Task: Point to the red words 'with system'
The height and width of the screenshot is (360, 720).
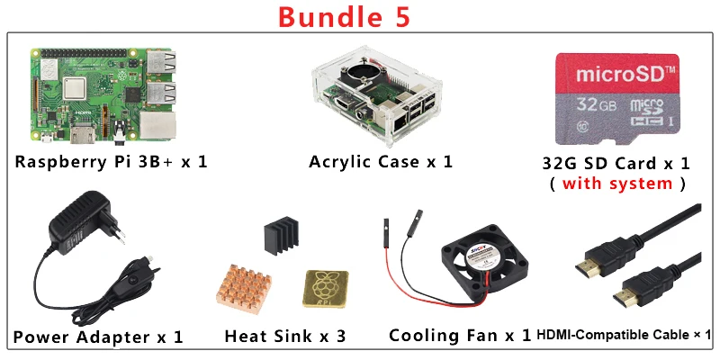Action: point(617,184)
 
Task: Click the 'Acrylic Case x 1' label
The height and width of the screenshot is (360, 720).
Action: point(380,162)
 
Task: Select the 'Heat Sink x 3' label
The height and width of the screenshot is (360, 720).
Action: point(284,337)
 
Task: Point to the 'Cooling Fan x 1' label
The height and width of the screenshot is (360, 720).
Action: point(459,336)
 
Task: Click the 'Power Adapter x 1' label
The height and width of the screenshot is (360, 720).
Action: point(98,337)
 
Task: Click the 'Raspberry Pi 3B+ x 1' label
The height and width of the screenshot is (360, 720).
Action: point(112,162)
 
